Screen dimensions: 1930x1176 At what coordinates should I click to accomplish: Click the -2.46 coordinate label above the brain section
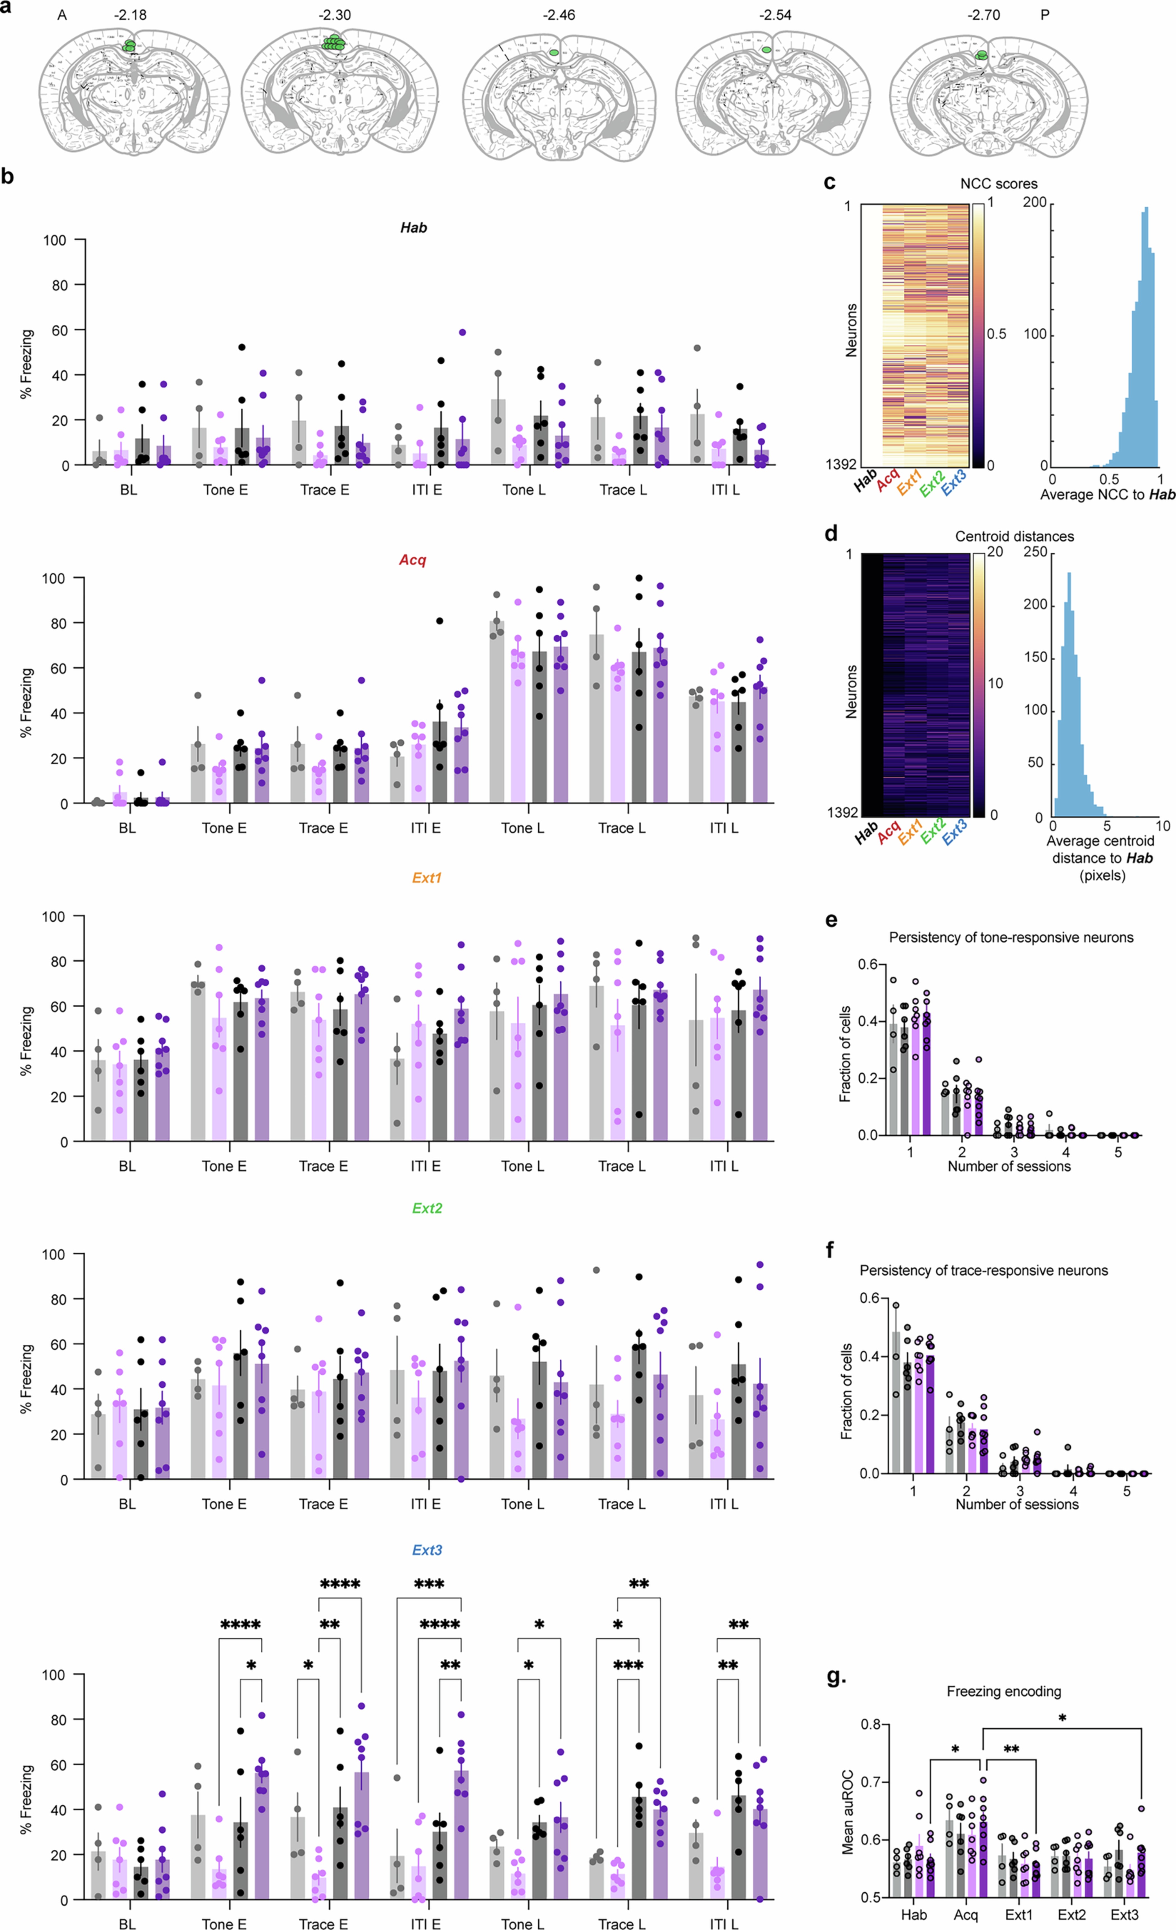click(x=559, y=15)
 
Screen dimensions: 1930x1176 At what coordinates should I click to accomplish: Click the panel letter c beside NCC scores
click(x=830, y=183)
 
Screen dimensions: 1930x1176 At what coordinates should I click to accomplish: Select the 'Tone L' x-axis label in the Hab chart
click(x=523, y=490)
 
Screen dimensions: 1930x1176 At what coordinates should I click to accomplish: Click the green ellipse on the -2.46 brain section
click(x=554, y=53)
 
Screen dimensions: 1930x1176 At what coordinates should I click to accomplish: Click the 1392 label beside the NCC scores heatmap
click(x=841, y=465)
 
